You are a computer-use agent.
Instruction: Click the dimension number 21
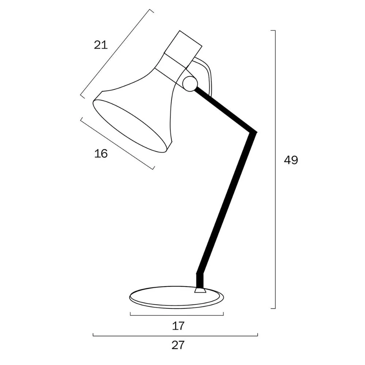[x=101, y=45]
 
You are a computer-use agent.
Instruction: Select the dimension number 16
[x=101, y=154]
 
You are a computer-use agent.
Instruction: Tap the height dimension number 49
[x=291, y=160]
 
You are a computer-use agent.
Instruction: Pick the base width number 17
[x=178, y=326]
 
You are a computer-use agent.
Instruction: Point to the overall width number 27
[x=178, y=345]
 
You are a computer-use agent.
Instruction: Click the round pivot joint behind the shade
[x=190, y=84]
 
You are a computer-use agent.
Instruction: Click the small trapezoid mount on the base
[x=200, y=290]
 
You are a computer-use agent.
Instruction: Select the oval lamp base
[x=176, y=297]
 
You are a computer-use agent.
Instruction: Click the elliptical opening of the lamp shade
[x=130, y=126]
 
